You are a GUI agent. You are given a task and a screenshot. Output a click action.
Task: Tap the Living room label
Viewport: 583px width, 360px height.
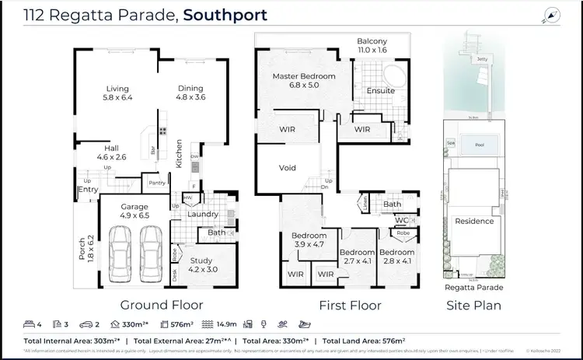(117, 93)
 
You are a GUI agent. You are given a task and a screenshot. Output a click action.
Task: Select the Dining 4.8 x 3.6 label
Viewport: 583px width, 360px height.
(191, 93)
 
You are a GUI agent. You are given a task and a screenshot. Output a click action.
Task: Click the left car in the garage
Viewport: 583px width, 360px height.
(122, 250)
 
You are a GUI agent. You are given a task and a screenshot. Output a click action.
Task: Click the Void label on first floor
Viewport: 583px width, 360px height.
(288, 167)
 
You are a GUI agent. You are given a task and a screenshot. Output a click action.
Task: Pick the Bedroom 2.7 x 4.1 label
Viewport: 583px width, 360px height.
(358, 257)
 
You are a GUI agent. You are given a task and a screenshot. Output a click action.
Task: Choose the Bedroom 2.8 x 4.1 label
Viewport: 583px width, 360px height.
(398, 257)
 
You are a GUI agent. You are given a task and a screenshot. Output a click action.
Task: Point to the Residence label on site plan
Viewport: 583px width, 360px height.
(474, 221)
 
